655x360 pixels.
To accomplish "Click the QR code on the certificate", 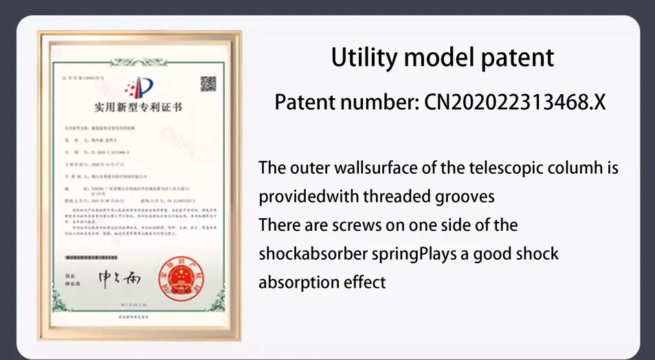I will (x=208, y=84).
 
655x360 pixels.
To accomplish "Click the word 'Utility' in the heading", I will (x=364, y=57).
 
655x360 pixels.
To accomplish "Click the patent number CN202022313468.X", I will (x=515, y=102).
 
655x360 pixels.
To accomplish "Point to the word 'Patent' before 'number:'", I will (x=304, y=102).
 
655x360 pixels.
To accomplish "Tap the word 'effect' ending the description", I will (x=365, y=282).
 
